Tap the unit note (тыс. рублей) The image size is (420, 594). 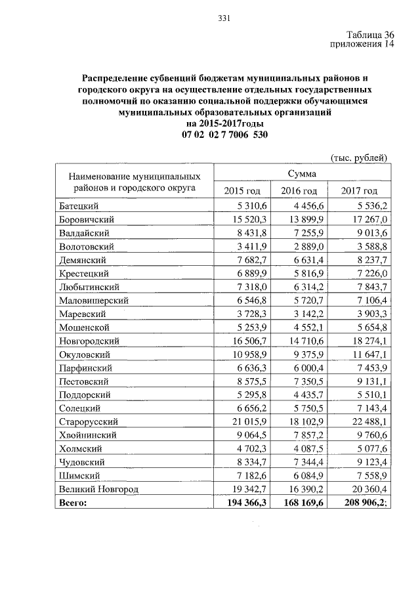[x=358, y=158]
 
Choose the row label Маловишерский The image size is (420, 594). [x=93, y=300]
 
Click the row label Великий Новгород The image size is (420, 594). [x=98, y=489]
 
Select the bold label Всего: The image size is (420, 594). [x=72, y=503]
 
